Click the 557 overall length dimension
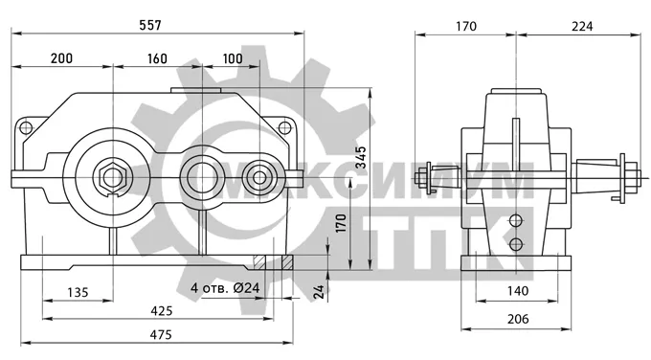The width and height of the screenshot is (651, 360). pos(150,25)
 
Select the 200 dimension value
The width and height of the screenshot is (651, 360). pos(61,58)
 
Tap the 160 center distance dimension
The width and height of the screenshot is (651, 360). pos(157,58)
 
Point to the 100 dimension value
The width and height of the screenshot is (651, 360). pos(233,58)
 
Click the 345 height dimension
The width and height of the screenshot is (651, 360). pos(361,157)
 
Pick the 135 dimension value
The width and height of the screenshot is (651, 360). pos(79,292)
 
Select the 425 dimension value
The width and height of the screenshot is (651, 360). pos(162,310)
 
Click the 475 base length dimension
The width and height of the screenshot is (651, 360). pos(161,334)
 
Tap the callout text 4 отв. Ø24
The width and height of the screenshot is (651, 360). pos(225,287)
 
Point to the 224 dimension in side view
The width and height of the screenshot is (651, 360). pos(582,26)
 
